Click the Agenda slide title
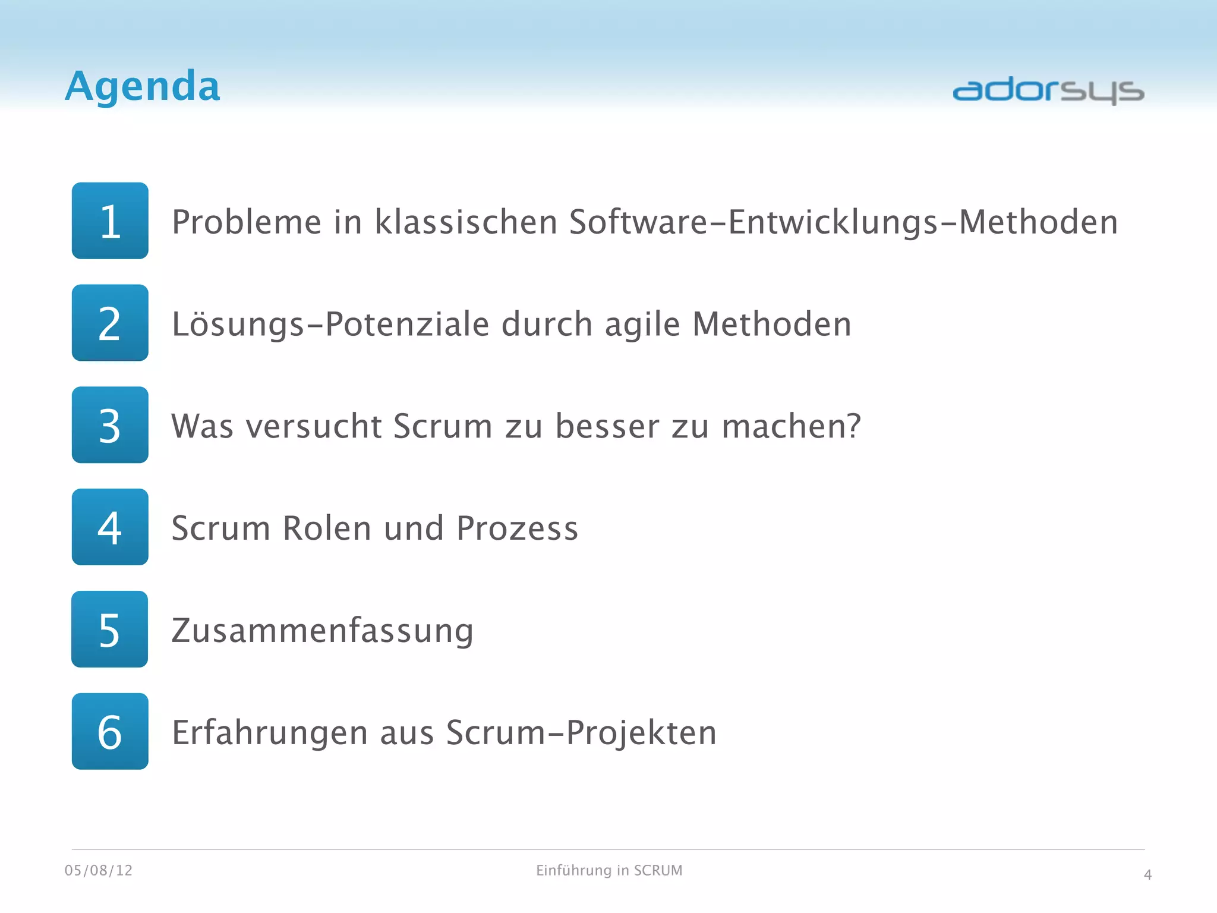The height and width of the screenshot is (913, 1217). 143,86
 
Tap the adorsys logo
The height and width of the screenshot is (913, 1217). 1048,91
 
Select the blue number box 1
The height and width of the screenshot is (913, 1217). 110,221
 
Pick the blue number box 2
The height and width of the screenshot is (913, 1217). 110,323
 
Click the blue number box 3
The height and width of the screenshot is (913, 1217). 110,425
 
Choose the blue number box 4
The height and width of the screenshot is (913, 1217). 110,527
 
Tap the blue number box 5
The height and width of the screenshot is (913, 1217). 110,629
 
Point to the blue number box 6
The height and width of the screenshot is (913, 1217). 110,732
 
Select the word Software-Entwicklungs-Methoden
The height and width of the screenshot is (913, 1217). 843,222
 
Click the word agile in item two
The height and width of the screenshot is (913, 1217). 642,325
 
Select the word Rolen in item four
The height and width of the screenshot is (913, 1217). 327,528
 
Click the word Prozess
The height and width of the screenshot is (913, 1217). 517,528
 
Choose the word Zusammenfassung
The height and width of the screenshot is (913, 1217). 323,631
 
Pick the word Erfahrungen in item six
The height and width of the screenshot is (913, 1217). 270,733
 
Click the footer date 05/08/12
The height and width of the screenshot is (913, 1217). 99,871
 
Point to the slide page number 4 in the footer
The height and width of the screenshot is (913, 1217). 1147,875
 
